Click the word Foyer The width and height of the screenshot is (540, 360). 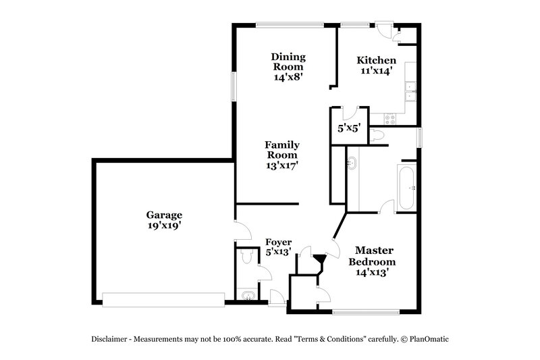[x=278, y=242]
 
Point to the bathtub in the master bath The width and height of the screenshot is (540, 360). [x=407, y=186]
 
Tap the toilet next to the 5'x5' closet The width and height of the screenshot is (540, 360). [x=379, y=136]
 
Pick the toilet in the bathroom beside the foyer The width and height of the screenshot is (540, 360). [x=246, y=257]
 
